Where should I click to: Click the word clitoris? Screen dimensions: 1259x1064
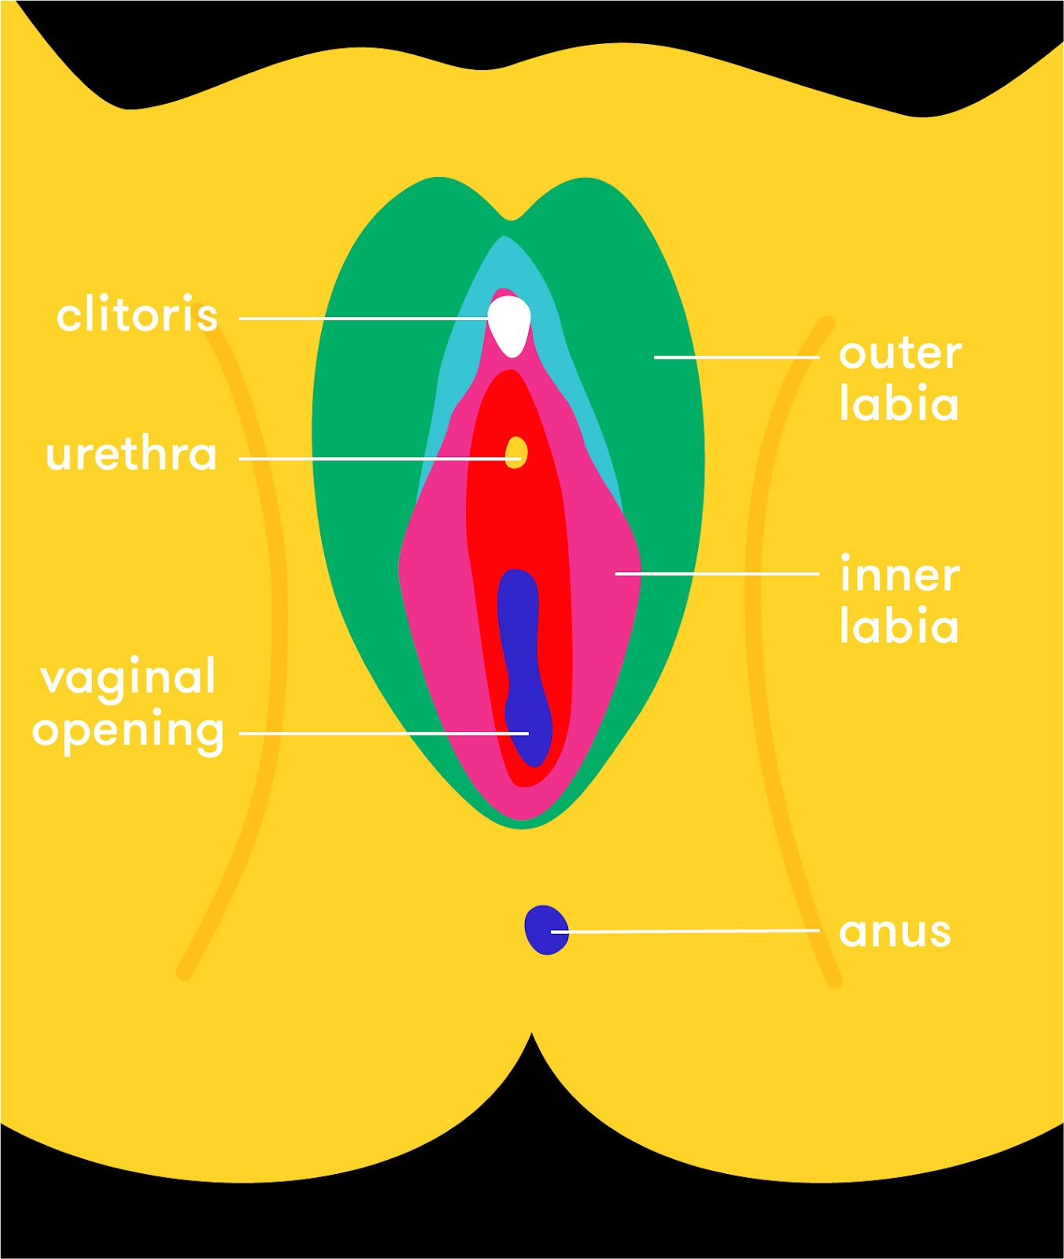(137, 316)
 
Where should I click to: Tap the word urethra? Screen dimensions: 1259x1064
(131, 455)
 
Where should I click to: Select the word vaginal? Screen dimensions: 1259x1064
(128, 677)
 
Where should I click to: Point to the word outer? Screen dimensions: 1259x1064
(900, 353)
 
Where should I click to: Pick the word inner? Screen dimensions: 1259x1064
(900, 574)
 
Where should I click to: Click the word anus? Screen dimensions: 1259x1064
(895, 932)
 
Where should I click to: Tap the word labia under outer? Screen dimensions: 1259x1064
(899, 404)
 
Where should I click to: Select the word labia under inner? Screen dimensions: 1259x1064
(899, 626)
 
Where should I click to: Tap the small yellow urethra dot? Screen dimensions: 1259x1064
(515, 452)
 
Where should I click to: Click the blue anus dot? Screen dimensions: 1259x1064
(546, 929)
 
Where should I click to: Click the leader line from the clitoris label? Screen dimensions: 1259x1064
(362, 319)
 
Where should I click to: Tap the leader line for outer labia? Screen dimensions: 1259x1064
(736, 357)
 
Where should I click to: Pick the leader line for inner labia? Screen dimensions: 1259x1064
(716, 574)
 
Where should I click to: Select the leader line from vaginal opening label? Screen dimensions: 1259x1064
(378, 733)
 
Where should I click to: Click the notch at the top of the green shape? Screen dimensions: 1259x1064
(512, 216)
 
